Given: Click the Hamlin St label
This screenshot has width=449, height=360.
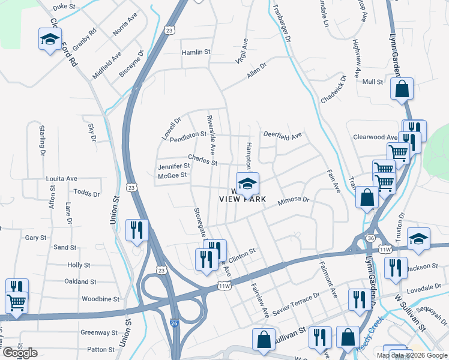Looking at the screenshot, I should (x=196, y=53).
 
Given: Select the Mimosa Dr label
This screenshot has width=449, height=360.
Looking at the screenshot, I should (x=292, y=203).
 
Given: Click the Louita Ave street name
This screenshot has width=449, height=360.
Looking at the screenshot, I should (x=62, y=179).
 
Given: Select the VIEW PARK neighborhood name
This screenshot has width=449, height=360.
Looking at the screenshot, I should (x=243, y=199).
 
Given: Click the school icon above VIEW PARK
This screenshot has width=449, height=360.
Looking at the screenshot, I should (x=246, y=184).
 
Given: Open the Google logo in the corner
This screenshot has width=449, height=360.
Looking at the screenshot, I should (x=20, y=353).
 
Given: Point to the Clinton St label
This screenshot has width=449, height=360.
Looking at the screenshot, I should (x=241, y=256).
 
